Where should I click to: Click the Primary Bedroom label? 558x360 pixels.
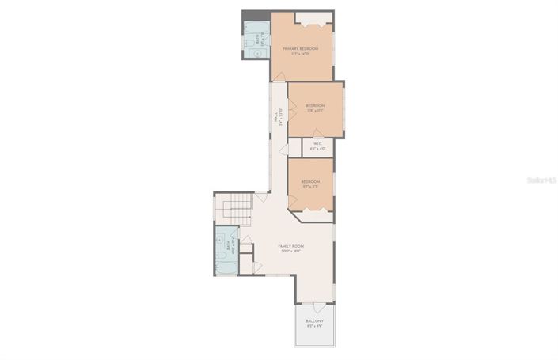point(301,50)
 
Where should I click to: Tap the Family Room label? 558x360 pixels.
point(291,247)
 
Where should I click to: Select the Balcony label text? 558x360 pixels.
point(314,321)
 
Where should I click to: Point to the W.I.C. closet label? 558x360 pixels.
point(317,145)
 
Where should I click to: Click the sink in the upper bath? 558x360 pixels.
point(248,53)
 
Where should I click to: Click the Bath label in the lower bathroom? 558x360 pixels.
point(230,246)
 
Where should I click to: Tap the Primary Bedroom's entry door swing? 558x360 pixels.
point(278,77)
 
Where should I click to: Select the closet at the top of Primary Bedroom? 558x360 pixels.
point(313,19)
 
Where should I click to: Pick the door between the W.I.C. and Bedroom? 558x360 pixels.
point(317,135)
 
